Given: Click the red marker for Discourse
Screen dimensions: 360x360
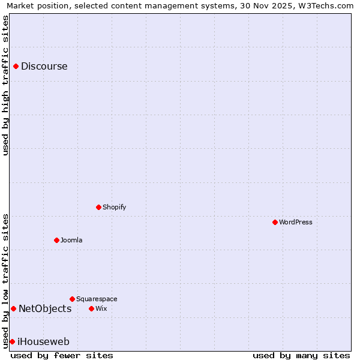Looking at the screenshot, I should pyautogui.click(x=16, y=67).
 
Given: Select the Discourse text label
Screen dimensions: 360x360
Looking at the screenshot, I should pyautogui.click(x=44, y=67).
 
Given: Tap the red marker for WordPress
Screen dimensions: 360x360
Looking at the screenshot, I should pyautogui.click(x=275, y=222).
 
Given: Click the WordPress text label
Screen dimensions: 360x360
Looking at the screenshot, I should pyautogui.click(x=295, y=222).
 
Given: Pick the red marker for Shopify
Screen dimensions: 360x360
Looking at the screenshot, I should pyautogui.click(x=98, y=207).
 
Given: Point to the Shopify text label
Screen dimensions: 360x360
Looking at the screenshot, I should pyautogui.click(x=114, y=207).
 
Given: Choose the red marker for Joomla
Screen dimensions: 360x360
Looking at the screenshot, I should pyautogui.click(x=56, y=240).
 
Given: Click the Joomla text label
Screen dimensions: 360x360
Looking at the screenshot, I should pyautogui.click(x=71, y=240).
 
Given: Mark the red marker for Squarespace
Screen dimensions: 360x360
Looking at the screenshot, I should pyautogui.click(x=72, y=299).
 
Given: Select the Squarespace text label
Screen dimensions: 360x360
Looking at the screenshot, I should pyautogui.click(x=97, y=299).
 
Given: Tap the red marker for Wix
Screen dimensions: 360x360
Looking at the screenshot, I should pyautogui.click(x=91, y=308).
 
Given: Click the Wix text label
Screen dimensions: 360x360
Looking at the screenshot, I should pyautogui.click(x=101, y=308).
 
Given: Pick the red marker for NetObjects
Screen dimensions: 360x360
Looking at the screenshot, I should pyautogui.click(x=13, y=308).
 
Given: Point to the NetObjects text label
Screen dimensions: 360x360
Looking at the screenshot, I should pyautogui.click(x=45, y=309).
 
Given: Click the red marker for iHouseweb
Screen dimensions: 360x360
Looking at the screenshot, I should pyautogui.click(x=12, y=341).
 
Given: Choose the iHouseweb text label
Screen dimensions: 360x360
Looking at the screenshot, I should pyautogui.click(x=43, y=342).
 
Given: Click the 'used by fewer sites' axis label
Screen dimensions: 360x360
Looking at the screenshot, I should pyautogui.click(x=62, y=355).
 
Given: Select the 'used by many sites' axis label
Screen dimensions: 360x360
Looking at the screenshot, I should pyautogui.click(x=301, y=355).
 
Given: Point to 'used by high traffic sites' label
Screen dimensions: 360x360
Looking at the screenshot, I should pyautogui.click(x=5, y=85).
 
